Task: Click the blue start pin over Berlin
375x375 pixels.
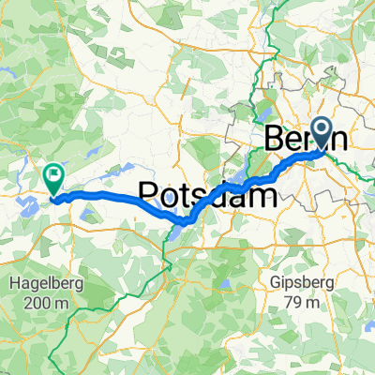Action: pyautogui.click(x=321, y=133)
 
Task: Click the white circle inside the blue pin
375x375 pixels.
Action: pyautogui.click(x=321, y=130)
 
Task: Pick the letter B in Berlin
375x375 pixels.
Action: pyautogui.click(x=275, y=139)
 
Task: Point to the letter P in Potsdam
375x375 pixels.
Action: pyautogui.click(x=149, y=194)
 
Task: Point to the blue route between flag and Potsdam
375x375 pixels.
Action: pyautogui.click(x=103, y=195)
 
